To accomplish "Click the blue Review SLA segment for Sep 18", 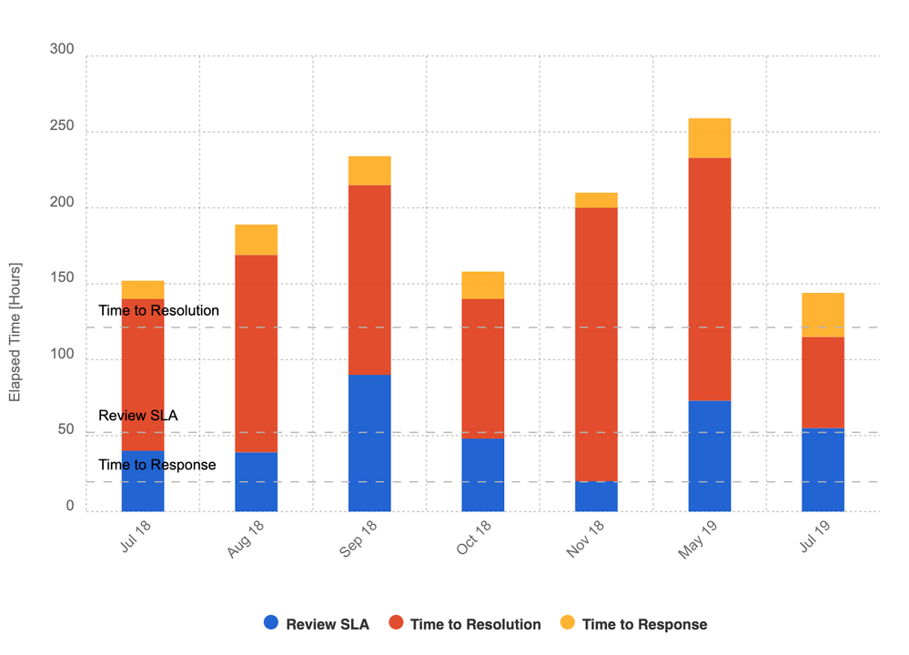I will tap(369, 443).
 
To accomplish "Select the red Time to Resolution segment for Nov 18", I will tap(596, 345).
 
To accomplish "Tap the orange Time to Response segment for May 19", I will tap(710, 138).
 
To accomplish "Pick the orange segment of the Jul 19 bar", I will tap(823, 315).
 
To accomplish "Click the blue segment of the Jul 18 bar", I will tap(143, 480).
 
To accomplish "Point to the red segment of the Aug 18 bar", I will tap(256, 354).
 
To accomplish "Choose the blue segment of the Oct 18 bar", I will tap(482, 475).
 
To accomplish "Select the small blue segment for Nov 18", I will tap(596, 497).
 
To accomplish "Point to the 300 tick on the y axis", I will tap(62, 49).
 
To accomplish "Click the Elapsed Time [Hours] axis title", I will tap(15, 333).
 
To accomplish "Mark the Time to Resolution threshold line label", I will tap(158, 310).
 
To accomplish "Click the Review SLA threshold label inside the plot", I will tap(138, 416).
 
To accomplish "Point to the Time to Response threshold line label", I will tap(157, 465).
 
